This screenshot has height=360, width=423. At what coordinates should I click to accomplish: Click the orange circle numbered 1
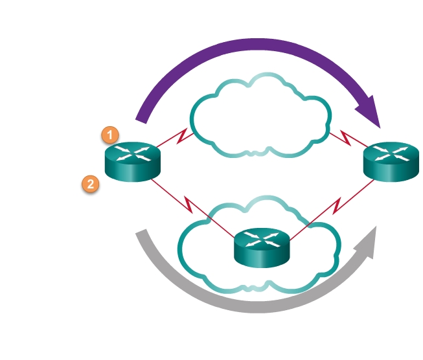[110, 135]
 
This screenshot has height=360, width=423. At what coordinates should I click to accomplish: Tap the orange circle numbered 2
[90, 185]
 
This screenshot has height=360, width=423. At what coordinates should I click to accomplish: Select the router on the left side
[132, 162]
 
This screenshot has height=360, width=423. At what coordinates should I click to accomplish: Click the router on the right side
[389, 162]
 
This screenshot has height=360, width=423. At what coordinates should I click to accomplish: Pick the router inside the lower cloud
[260, 247]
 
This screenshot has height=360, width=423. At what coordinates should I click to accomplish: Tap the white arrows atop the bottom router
[260, 239]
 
